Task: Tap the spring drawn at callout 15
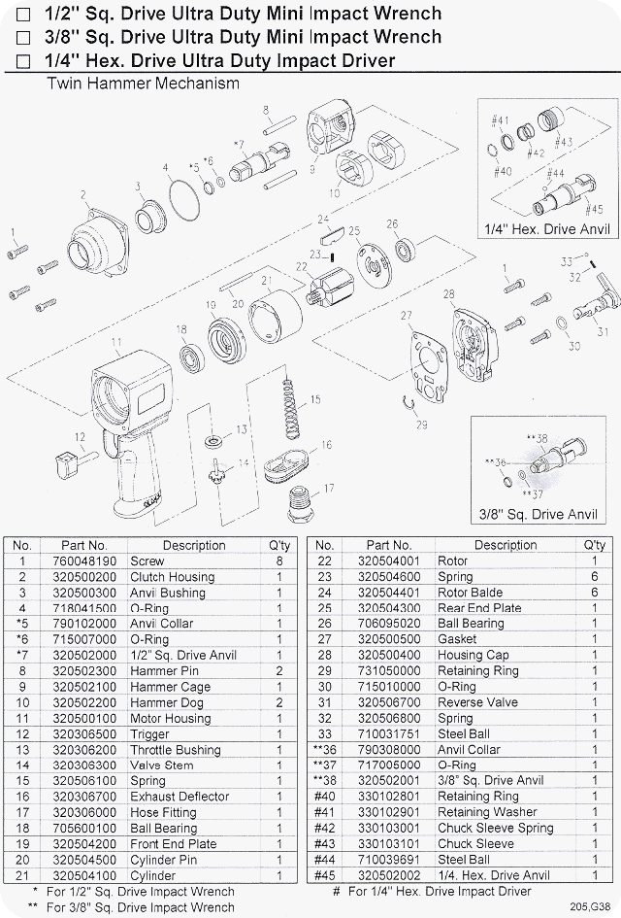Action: [288, 410]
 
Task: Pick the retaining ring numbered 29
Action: [411, 411]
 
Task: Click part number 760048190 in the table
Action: [83, 561]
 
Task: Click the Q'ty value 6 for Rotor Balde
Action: [594, 593]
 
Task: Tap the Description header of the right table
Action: [505, 546]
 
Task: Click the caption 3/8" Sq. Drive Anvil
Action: [538, 513]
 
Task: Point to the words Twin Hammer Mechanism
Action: [143, 84]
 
